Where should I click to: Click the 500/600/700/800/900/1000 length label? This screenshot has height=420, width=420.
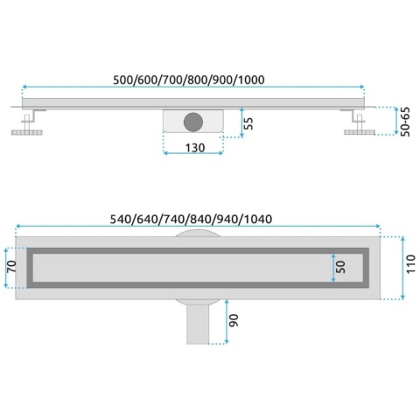click(189, 80)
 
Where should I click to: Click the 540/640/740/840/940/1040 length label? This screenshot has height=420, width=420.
click(191, 219)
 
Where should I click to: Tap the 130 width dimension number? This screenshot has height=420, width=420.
click(195, 148)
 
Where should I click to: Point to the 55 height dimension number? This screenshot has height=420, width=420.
click(248, 123)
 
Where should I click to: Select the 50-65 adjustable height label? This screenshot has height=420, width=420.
click(405, 122)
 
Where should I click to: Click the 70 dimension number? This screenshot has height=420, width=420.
click(12, 267)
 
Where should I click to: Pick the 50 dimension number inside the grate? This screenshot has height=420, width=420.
click(340, 267)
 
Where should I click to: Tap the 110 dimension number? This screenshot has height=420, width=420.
click(411, 263)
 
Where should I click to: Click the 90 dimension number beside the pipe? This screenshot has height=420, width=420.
click(234, 320)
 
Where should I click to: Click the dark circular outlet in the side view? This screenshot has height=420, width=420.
click(193, 122)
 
